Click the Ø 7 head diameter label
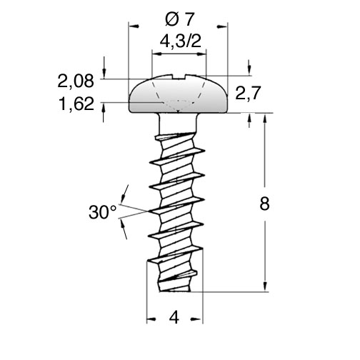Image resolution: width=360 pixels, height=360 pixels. [x=180, y=19]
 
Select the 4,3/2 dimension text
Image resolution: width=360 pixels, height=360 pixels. [x=181, y=41]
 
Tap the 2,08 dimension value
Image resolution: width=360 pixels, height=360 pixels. [x=76, y=81]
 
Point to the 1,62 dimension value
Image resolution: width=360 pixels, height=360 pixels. [x=76, y=104]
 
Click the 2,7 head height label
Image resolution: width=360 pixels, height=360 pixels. [x=248, y=93]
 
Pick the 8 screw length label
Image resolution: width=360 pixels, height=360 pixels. [x=264, y=204]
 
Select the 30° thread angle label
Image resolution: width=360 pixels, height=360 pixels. [x=103, y=212]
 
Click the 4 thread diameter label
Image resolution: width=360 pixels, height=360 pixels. [x=174, y=317]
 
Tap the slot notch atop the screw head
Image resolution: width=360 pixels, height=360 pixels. [x=179, y=76]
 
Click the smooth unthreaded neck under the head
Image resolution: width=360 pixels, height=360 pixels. [x=178, y=123]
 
